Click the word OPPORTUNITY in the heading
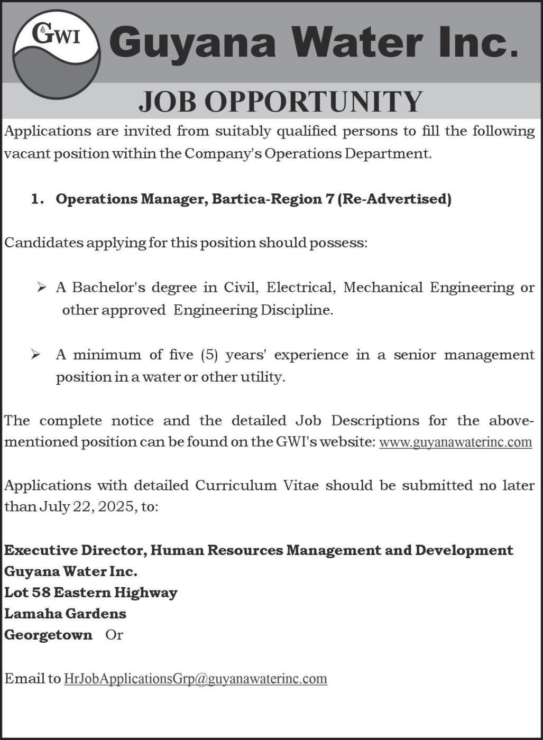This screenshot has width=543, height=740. click(x=314, y=101)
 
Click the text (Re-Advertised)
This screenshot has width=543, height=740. click(x=394, y=199)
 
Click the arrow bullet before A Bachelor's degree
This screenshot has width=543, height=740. click(x=42, y=288)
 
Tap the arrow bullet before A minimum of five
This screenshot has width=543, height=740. click(x=36, y=355)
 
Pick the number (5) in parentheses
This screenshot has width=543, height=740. click(x=209, y=355)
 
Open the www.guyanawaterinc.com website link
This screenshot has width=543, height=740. click(x=455, y=442)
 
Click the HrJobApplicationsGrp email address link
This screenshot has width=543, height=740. click(x=195, y=679)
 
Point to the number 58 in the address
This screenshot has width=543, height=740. click(x=41, y=593)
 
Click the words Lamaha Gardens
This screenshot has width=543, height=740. click(x=66, y=614)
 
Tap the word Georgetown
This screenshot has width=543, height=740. click(x=48, y=635)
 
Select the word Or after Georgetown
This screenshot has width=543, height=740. click(x=114, y=635)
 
